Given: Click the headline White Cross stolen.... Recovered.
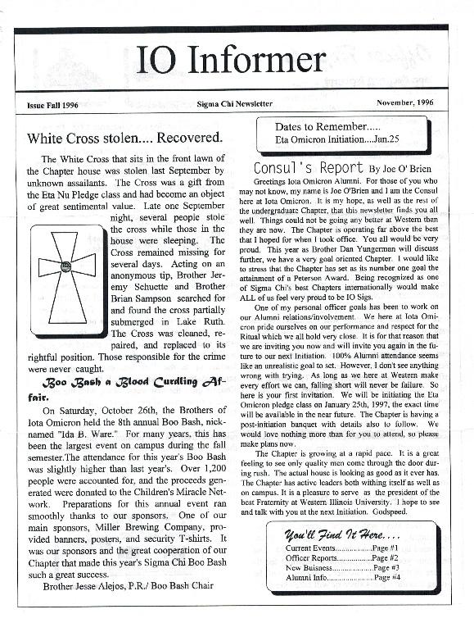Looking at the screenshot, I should pos(124,137).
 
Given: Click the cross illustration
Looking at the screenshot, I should pos(67,268).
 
